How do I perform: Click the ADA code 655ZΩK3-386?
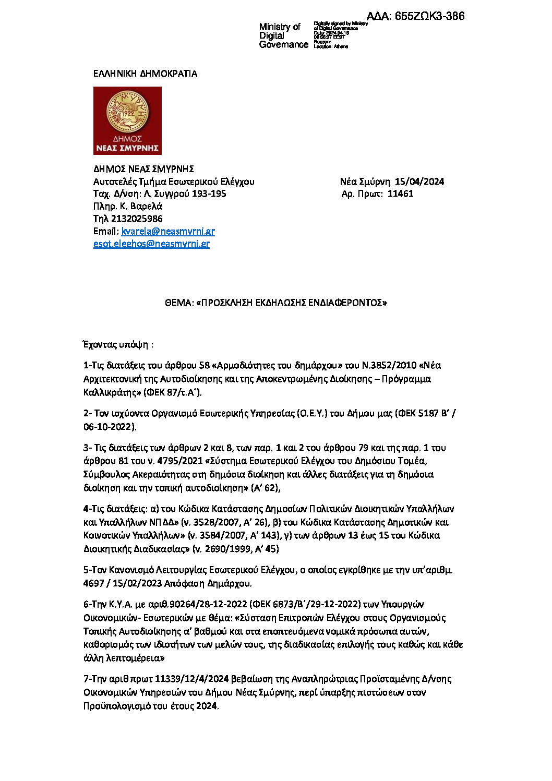(x=429, y=16)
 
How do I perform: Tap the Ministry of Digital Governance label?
(x=283, y=35)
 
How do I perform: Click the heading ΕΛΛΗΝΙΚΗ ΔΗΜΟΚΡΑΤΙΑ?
(x=145, y=74)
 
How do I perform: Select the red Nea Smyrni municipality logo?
(x=127, y=121)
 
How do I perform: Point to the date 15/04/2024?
(x=419, y=182)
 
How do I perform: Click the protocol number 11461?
(x=400, y=194)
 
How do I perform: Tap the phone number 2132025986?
(x=136, y=219)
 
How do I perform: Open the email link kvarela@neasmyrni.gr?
(x=168, y=231)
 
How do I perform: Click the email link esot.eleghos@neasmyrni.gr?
(x=151, y=244)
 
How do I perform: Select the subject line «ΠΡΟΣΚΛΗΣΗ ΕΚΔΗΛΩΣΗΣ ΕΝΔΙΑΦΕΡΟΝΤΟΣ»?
(x=291, y=303)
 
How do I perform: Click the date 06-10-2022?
(x=109, y=427)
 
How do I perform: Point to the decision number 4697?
(x=94, y=583)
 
